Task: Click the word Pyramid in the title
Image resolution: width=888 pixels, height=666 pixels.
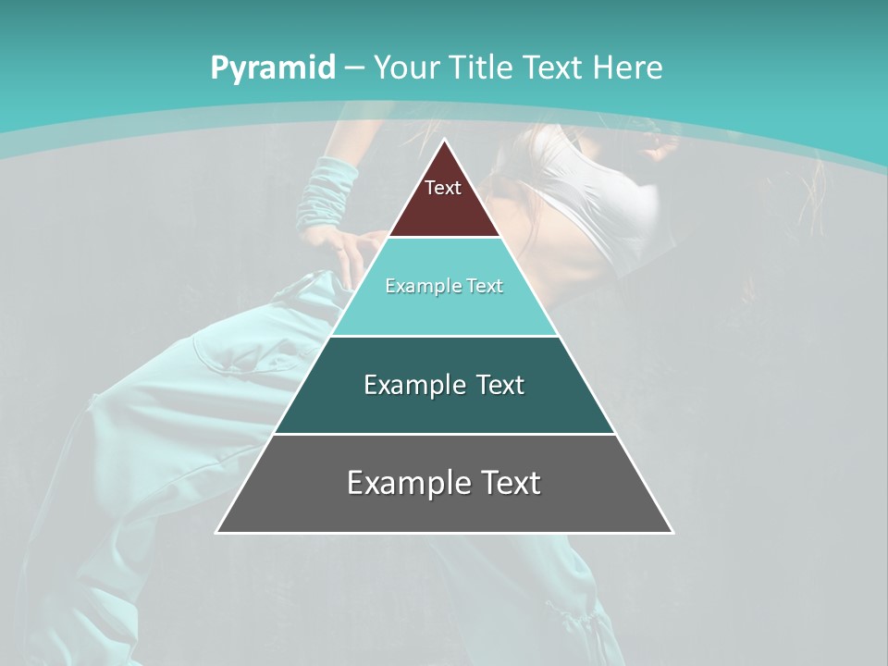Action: coord(272,68)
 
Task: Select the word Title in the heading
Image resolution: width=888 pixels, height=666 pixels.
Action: coord(480,68)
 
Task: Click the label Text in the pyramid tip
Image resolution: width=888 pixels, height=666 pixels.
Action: coord(443,188)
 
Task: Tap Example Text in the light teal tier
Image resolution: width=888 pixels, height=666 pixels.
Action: coord(444,286)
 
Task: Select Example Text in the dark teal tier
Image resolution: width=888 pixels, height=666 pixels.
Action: coord(444,385)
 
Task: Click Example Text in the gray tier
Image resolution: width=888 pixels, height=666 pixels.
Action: coord(444,483)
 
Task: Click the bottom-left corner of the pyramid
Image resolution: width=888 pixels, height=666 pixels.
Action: coord(217,532)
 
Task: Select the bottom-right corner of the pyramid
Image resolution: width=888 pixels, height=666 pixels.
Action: coord(672,532)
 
